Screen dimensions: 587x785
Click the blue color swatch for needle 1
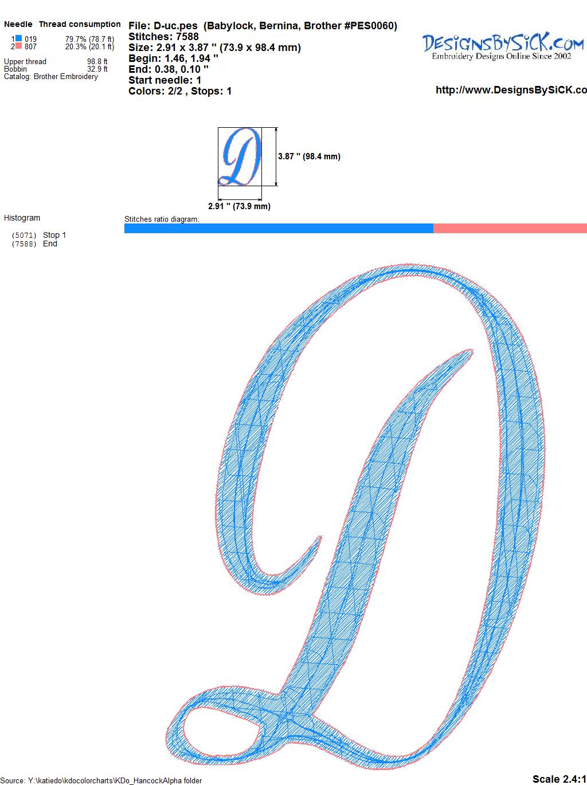point(18,38)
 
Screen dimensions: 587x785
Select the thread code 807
point(30,46)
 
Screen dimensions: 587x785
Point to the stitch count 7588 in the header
point(187,37)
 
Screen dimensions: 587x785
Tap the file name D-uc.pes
point(175,26)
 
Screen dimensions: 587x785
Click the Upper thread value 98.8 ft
point(97,61)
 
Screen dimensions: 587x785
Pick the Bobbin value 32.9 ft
point(97,69)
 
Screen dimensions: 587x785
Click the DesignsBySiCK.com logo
point(503,46)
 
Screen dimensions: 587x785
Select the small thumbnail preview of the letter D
point(240,156)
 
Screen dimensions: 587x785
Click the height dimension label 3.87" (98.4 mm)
point(309,156)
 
